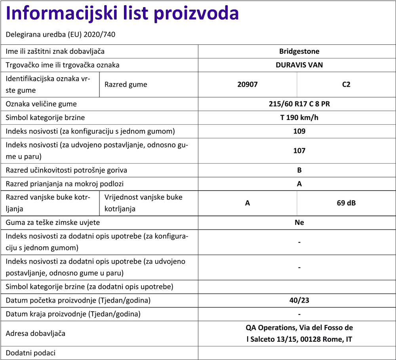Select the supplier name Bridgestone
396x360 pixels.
[299, 51]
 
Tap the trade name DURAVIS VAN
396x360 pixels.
[299, 65]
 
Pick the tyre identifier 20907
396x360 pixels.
[247, 84]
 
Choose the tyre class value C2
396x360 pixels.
[346, 84]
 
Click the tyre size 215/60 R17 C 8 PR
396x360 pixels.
[299, 104]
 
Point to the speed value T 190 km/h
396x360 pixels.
[299, 118]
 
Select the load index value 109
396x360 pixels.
[299, 131]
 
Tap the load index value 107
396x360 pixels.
[299, 150]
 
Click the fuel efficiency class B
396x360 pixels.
[299, 170]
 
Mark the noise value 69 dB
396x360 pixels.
[346, 203]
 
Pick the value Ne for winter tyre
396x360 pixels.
[299, 223]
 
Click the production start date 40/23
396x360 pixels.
[299, 300]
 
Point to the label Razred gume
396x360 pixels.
[126, 84]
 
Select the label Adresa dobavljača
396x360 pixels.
[35, 333]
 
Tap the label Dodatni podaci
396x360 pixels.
[30, 353]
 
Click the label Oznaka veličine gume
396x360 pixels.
[41, 104]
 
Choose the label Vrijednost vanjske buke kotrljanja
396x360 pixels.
[143, 203]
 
